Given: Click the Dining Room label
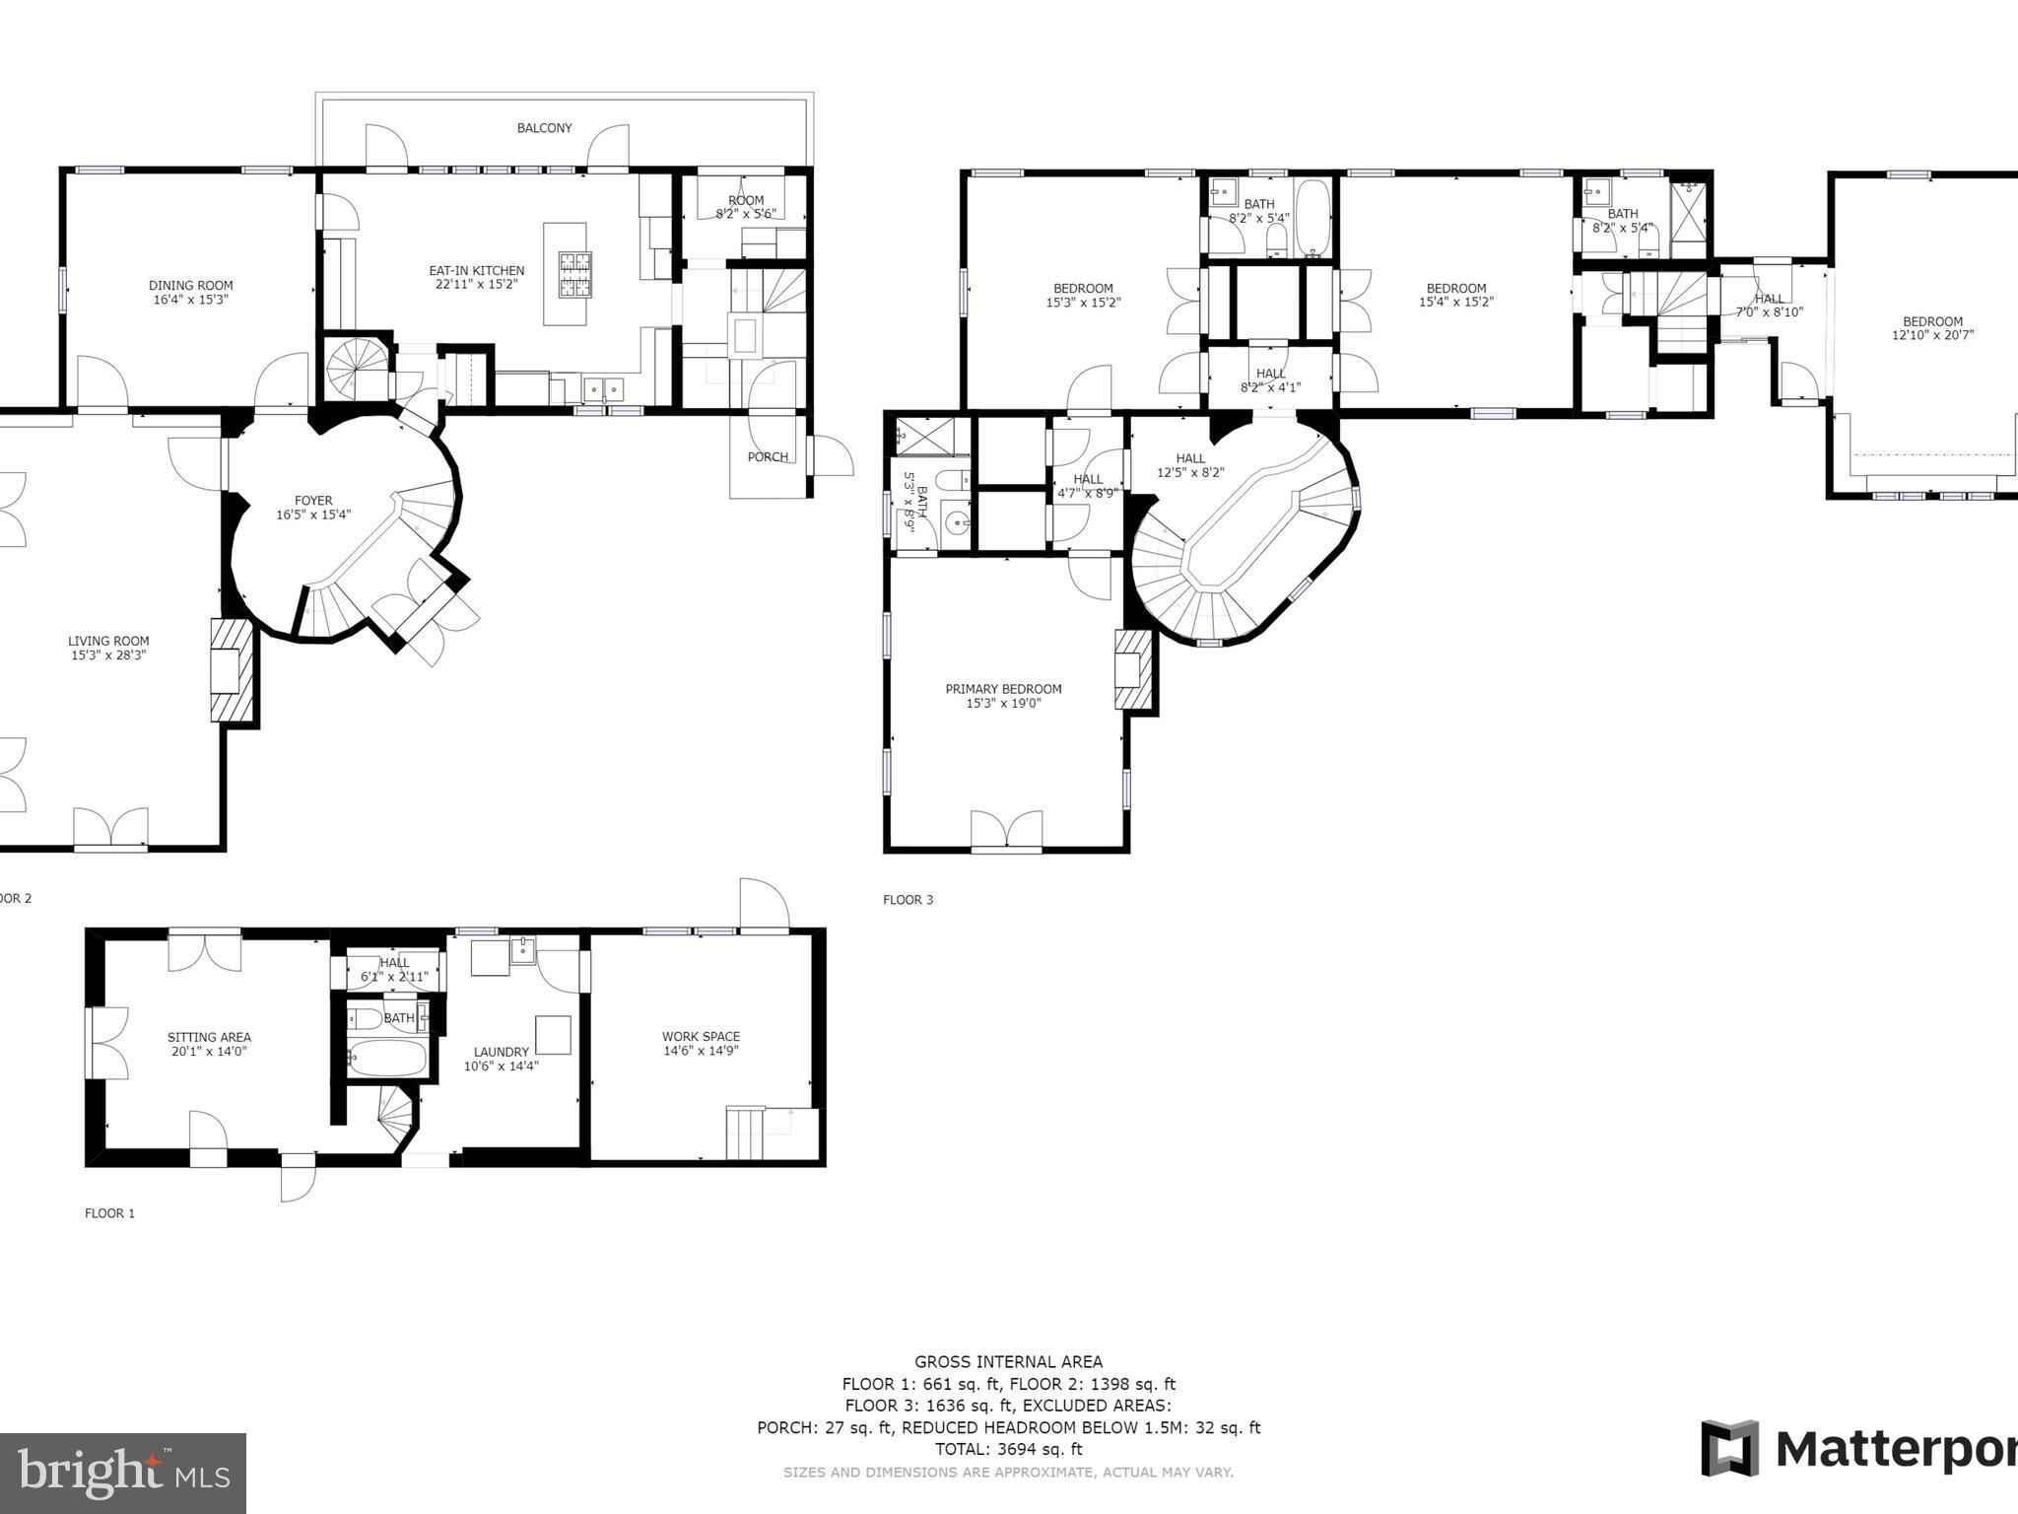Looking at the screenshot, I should coord(190,286).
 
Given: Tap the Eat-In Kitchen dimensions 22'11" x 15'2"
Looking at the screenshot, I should coord(476,284).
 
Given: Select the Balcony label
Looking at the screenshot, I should coord(544,128).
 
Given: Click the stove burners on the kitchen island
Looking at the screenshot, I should coord(575,275).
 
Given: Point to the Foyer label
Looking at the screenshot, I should coord(313,501).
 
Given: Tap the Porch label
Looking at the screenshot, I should coord(768,456).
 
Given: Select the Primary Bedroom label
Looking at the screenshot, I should coord(1003,689).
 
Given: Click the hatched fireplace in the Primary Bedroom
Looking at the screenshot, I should coord(1133,670).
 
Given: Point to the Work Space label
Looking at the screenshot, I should coord(701,1036).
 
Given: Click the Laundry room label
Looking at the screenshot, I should coord(501,1052).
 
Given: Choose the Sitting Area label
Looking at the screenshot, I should coord(209,1037).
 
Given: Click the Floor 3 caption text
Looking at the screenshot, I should coord(908,899).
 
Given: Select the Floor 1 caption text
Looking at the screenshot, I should coord(109,1213).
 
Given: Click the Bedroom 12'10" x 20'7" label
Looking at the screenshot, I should coord(1932,321).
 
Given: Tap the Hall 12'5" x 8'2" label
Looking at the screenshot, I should coord(1190,458).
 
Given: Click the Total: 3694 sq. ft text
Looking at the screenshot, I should coord(1008,1449).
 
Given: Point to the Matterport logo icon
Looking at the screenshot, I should coord(1729,1449).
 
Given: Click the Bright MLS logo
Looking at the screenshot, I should coord(122,1473).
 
